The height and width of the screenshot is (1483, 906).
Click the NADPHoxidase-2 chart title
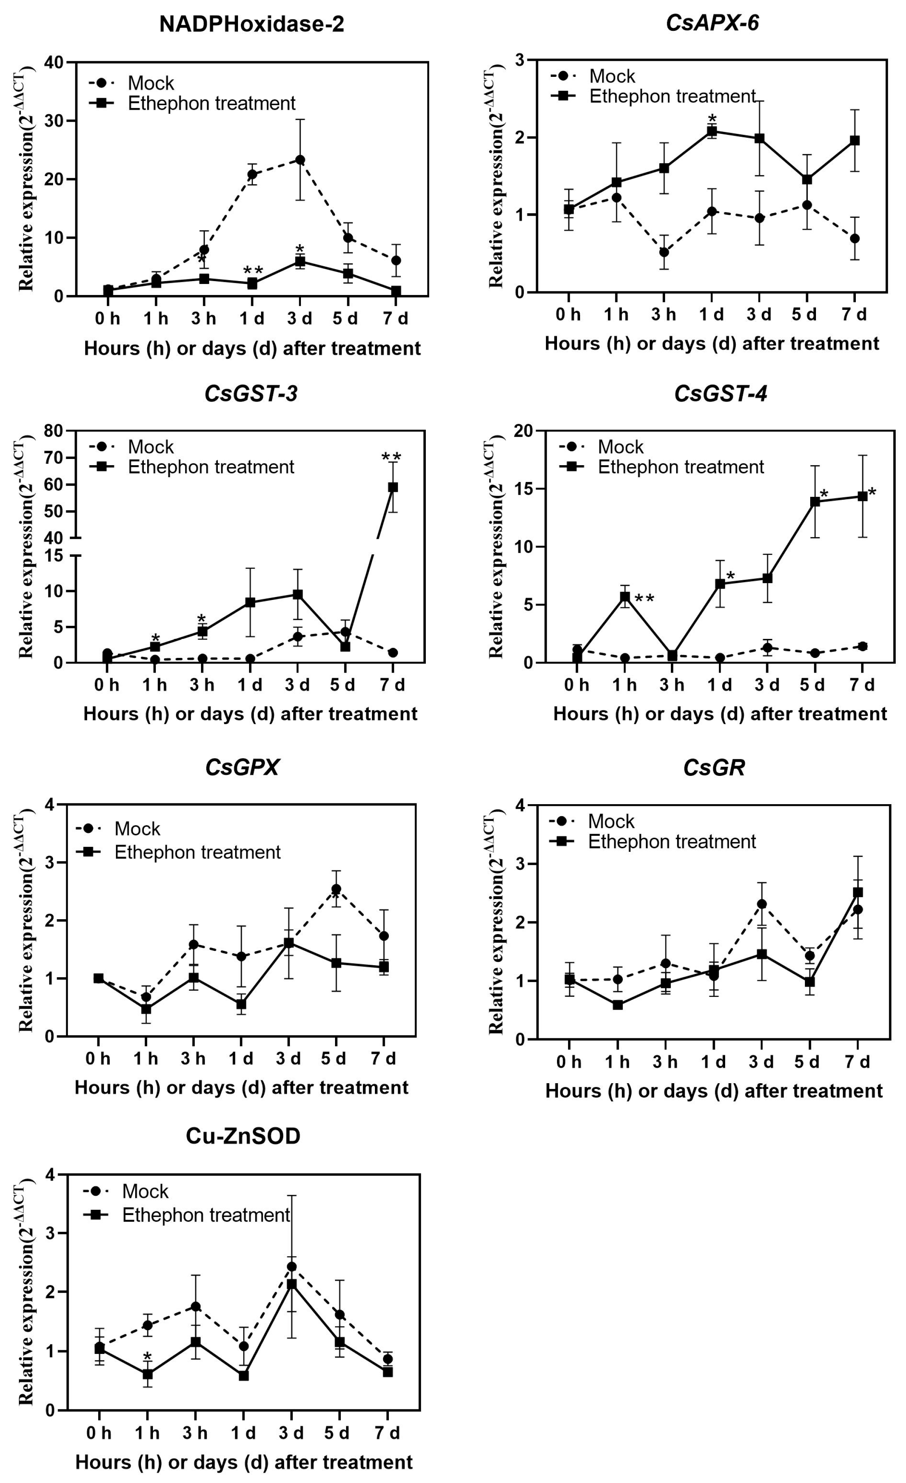252,24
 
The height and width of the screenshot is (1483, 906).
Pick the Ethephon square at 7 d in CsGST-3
393,487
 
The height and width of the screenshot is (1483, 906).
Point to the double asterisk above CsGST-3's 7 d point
391,457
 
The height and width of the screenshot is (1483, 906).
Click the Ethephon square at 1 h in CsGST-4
625,597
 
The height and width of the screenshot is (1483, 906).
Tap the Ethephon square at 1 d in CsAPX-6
712,131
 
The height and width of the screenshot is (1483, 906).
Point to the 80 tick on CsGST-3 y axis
53,431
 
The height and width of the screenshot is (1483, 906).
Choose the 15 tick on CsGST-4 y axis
523,489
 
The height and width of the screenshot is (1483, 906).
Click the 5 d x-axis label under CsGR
807,1062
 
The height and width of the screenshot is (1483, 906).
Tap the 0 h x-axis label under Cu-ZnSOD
99,1432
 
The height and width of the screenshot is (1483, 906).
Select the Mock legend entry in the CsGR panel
610,821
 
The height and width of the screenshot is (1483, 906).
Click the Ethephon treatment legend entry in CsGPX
197,852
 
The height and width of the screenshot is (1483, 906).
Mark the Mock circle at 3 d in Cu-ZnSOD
292,1266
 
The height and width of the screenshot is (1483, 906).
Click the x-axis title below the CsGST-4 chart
720,714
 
